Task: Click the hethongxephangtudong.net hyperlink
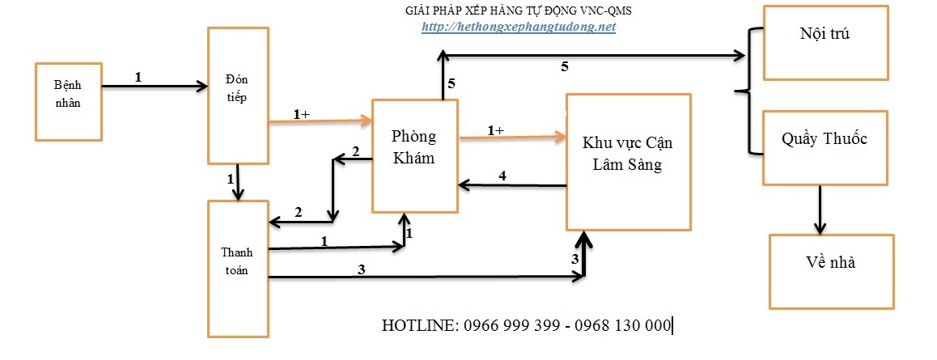pos(519,27)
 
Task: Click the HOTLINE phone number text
pos(527,325)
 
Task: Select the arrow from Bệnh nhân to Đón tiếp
pos(154,84)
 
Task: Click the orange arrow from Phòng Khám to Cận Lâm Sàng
pos(511,138)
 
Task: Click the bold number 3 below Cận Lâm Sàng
pos(575,259)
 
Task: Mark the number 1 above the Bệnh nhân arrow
pos(138,77)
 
